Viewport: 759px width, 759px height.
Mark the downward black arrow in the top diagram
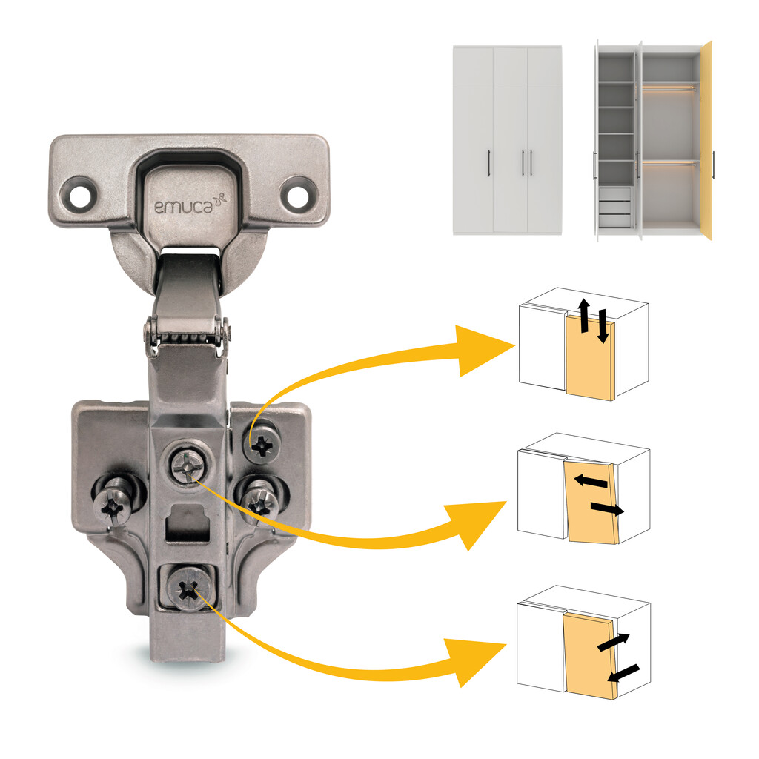(x=602, y=326)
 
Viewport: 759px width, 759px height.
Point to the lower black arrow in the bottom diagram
(x=623, y=673)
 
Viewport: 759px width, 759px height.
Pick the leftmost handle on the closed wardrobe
(x=488, y=163)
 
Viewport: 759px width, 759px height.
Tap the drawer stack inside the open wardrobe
(x=615, y=205)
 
